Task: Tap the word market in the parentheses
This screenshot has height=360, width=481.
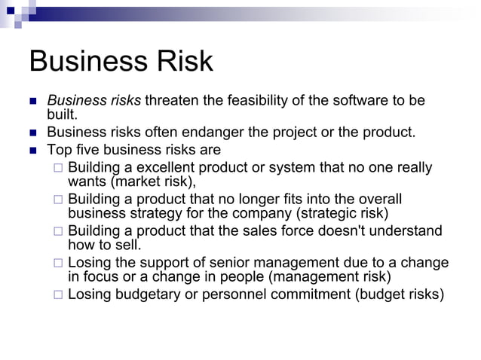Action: [136, 182]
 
